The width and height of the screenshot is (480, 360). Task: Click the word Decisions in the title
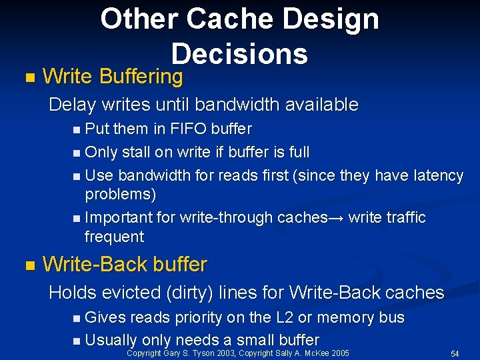239,53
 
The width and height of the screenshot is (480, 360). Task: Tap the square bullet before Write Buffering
27,77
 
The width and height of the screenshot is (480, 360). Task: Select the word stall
136,152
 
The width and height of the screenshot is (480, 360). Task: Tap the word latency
439,175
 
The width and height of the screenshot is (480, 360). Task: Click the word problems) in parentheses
121,194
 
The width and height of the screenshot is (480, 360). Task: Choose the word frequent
114,237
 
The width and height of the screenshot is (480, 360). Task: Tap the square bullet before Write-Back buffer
27,265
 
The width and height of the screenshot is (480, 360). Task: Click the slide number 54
455,353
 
